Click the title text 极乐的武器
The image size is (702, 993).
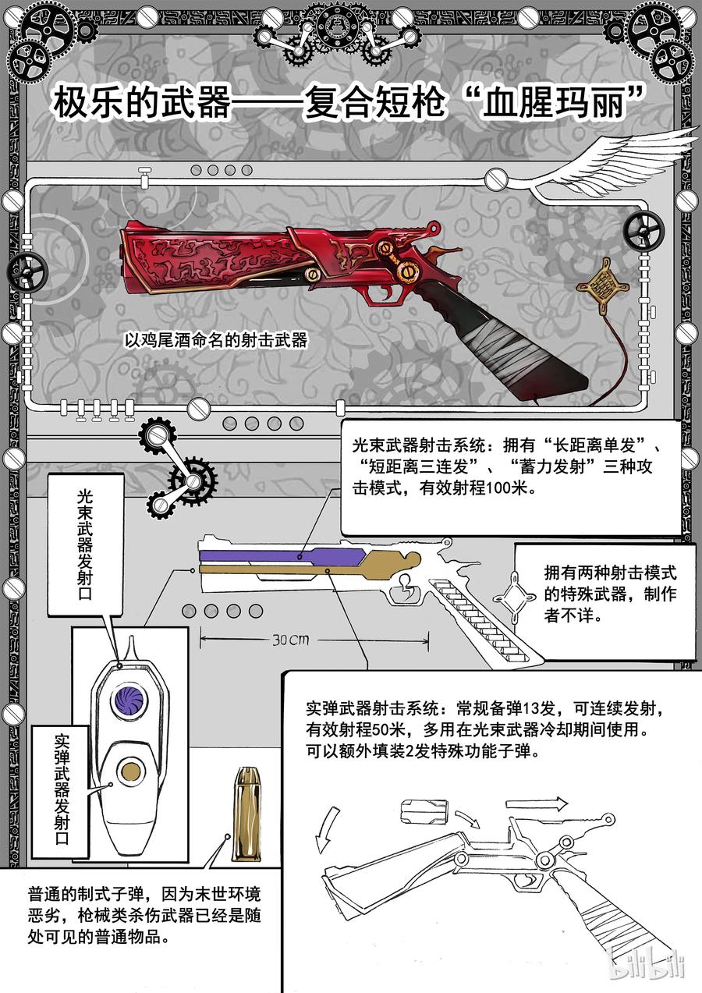(141, 103)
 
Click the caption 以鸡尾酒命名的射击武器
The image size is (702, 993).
(217, 341)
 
